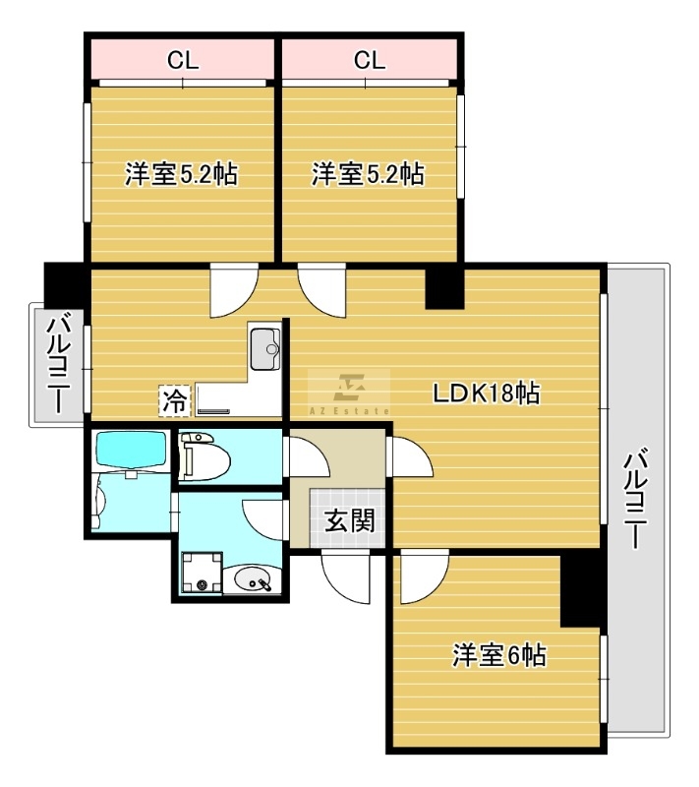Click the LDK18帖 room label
[x=487, y=393]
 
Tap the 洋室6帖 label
[x=498, y=655]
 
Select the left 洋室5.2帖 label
[x=181, y=174]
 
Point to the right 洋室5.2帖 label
[x=368, y=174]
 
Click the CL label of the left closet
[x=183, y=60]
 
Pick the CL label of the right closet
[x=370, y=60]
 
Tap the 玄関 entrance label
[x=350, y=520]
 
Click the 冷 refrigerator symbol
[x=174, y=401]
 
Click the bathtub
[x=131, y=451]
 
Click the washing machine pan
[x=203, y=573]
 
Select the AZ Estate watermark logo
[x=349, y=393]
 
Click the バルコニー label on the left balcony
[x=59, y=363]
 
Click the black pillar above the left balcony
[x=64, y=284]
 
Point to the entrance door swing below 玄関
[x=345, y=576]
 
